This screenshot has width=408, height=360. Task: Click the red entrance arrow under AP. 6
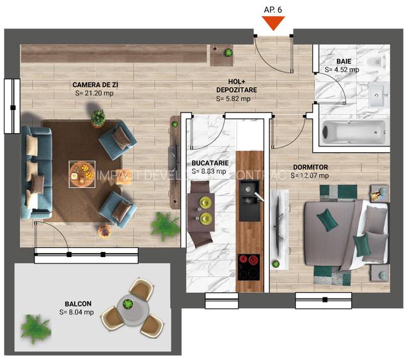point(274,23)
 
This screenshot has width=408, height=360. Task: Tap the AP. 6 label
point(274,9)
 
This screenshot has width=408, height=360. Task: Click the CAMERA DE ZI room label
point(95,84)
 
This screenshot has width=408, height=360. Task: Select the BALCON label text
point(77,304)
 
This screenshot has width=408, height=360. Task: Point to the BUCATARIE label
point(208,163)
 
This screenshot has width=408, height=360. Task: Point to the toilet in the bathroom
point(382,61)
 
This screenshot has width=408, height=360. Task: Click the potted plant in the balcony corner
point(35,329)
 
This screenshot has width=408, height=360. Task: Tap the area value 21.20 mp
point(94,93)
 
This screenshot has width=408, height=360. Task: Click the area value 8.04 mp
point(77,312)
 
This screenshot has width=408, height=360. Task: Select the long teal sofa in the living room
point(36,171)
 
